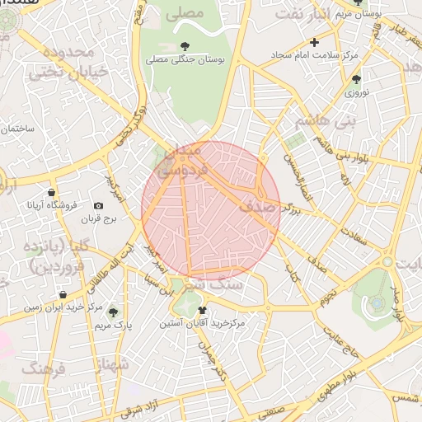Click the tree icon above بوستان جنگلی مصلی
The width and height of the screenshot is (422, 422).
[183, 46]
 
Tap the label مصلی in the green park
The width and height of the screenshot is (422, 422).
[186, 13]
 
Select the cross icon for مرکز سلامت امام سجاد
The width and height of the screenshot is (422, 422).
[314, 42]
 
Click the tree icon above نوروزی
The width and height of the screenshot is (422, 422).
[356, 79]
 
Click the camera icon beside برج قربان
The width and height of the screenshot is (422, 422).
[99, 205]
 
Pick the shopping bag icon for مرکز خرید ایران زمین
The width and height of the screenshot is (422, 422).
[63, 294]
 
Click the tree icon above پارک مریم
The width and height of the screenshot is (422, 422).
[113, 312]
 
